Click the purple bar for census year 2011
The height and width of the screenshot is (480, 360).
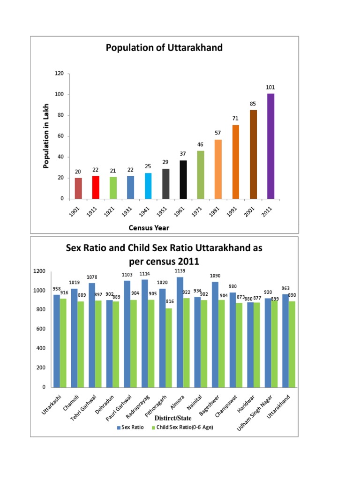[270, 146]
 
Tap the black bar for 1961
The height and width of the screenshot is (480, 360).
[183, 180]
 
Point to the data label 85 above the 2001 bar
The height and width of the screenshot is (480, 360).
[253, 104]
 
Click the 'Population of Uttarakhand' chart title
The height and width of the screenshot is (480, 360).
[164, 48]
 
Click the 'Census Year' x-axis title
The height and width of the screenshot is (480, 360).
[149, 228]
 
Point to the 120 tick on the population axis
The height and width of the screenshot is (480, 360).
[59, 74]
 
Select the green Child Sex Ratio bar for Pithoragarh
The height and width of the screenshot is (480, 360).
[168, 347]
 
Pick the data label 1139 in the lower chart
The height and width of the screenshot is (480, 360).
[180, 271]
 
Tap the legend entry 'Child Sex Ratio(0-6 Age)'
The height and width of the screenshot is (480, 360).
[183, 427]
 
